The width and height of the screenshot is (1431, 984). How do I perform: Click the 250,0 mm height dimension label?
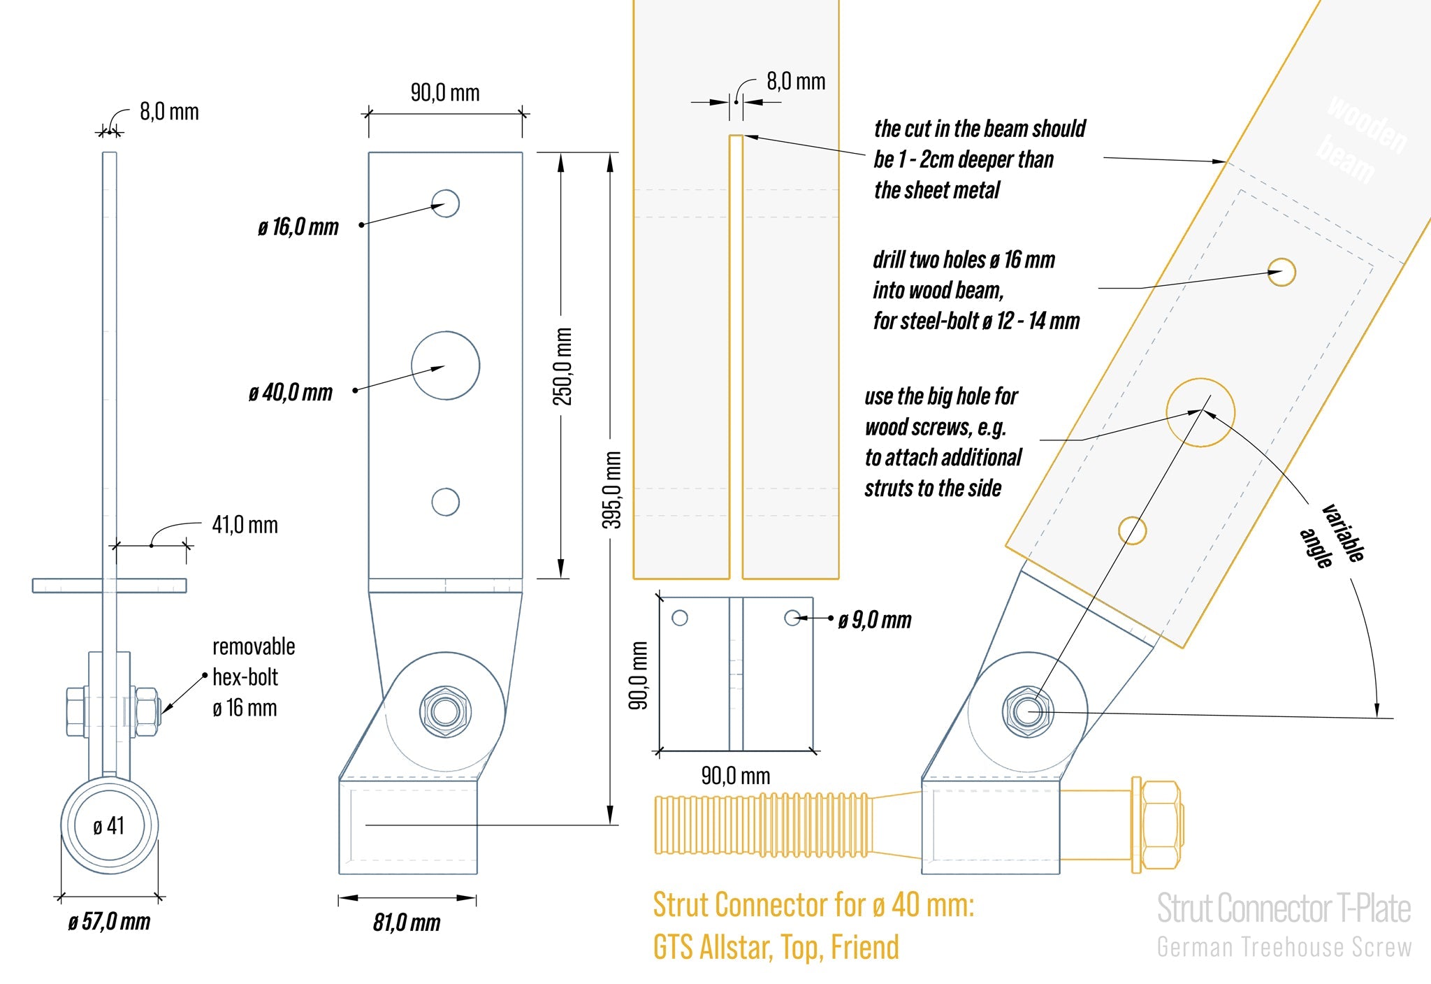pyautogui.click(x=563, y=366)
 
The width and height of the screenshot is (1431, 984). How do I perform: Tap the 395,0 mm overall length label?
pyautogui.click(x=612, y=490)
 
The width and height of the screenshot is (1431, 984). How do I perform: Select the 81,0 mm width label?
pyautogui.click(x=407, y=922)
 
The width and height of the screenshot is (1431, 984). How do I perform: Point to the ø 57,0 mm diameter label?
pyautogui.click(x=110, y=921)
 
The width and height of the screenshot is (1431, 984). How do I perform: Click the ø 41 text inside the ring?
pyautogui.click(x=109, y=826)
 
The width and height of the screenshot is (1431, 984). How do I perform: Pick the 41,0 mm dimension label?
pyautogui.click(x=245, y=525)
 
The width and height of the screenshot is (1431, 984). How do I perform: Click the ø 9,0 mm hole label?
pyautogui.click(x=875, y=620)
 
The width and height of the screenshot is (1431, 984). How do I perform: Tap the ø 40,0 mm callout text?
pyautogui.click(x=291, y=392)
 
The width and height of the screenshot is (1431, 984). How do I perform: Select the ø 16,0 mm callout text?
pyautogui.click(x=298, y=227)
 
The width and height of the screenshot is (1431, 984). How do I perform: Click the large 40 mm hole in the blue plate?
pyautogui.click(x=445, y=366)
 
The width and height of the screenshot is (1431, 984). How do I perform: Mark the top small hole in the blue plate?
pyautogui.click(x=445, y=203)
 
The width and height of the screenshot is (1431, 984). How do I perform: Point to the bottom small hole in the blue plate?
pyautogui.click(x=445, y=502)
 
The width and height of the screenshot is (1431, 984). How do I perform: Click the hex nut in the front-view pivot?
pyautogui.click(x=445, y=711)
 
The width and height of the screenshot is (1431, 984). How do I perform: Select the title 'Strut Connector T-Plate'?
pyautogui.click(x=1284, y=909)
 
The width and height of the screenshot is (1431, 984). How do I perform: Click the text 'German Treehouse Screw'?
pyautogui.click(x=1284, y=948)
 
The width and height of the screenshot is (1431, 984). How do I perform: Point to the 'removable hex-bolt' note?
pyautogui.click(x=254, y=676)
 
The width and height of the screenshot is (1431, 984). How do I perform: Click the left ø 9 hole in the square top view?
pyautogui.click(x=679, y=618)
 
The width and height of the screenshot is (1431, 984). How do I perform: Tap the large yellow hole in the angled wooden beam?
pyautogui.click(x=1200, y=412)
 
